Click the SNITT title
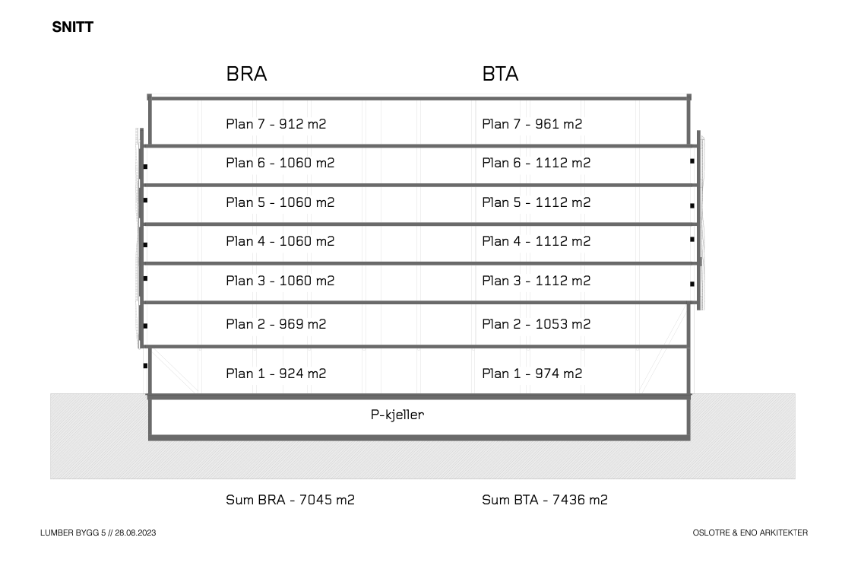click(72, 27)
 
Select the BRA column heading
click(246, 74)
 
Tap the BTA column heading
click(500, 74)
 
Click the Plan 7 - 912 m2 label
click(276, 124)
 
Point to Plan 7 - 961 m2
click(532, 124)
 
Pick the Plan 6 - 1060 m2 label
click(280, 163)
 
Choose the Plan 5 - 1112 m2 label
click(537, 202)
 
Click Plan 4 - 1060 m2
click(280, 241)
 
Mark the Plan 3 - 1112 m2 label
click(537, 281)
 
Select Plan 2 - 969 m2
click(276, 324)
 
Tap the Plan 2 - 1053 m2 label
click(537, 324)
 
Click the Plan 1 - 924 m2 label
click(276, 374)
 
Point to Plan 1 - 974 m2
click(532, 374)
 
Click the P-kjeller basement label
click(397, 415)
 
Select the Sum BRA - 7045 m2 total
click(290, 500)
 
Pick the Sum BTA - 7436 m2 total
click(545, 500)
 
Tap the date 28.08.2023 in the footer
click(135, 533)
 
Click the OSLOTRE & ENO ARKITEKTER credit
click(750, 533)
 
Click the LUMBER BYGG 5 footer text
click(73, 533)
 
